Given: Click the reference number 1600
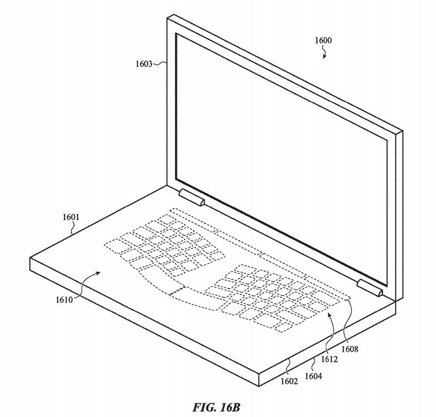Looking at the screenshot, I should pyautogui.click(x=323, y=40).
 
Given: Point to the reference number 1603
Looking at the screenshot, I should pyautogui.click(x=143, y=64).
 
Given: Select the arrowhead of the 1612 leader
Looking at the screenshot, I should pyautogui.click(x=329, y=314).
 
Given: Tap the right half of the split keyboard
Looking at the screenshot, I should pyautogui.click(x=273, y=297).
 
